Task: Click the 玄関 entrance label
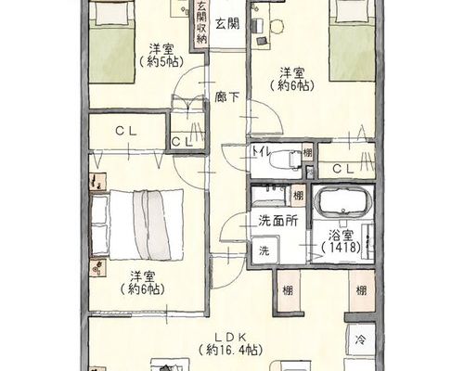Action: [227, 24]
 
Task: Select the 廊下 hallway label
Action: [227, 97]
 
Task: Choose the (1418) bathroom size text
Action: [341, 248]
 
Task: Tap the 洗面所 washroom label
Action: [278, 222]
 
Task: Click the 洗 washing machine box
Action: [265, 249]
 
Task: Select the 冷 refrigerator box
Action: [361, 340]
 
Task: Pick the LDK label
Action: [230, 336]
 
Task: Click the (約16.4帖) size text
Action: [230, 351]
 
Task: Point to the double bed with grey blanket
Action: [137, 224]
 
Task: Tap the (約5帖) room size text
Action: [161, 62]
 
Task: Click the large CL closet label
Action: [126, 132]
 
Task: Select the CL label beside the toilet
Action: [343, 169]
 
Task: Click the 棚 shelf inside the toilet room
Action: [307, 153]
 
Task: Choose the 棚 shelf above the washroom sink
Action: [298, 196]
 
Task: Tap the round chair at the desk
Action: [277, 27]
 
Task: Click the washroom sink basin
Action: [268, 195]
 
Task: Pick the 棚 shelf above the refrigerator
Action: [361, 290]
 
